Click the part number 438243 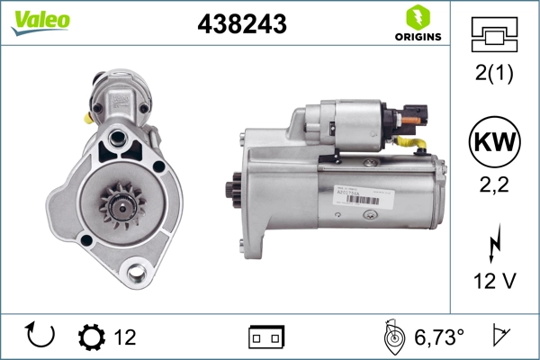click(241, 25)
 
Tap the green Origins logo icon click(417, 16)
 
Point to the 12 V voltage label click(494, 281)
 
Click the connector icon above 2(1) click(494, 36)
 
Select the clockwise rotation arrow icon click(41, 337)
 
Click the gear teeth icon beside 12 click(91, 337)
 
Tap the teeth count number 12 click(125, 337)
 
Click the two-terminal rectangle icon click(265, 337)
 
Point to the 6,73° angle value click(438, 337)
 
